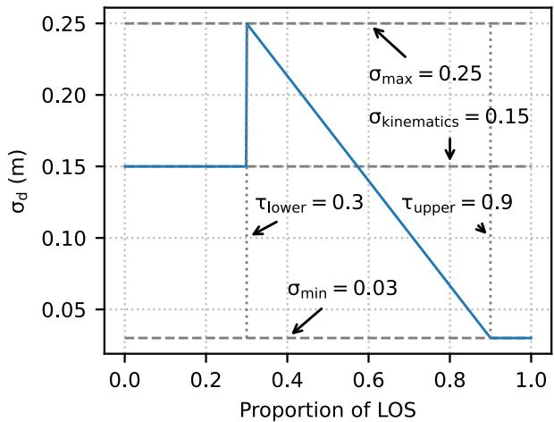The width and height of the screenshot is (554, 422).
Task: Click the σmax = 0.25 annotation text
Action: [424, 74]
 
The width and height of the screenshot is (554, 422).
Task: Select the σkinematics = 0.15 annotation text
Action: [449, 118]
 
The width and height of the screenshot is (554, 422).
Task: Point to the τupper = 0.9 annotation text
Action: [456, 204]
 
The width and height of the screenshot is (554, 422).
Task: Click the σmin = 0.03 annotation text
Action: [341, 290]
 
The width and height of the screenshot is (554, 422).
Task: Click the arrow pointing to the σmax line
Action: [390, 42]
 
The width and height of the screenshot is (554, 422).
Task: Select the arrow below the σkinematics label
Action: [449, 148]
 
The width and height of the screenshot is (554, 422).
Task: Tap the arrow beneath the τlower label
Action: [264, 227]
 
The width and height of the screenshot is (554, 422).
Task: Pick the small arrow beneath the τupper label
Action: [481, 228]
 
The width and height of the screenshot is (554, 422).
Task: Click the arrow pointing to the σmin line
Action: [307, 321]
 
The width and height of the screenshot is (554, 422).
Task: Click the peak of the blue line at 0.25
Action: [247, 24]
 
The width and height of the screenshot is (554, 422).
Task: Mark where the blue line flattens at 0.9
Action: [491, 338]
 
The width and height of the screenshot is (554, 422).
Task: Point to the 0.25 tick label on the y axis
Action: [67, 23]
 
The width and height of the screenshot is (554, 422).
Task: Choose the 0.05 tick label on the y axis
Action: [67, 310]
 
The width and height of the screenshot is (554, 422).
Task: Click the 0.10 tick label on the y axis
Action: [67, 239]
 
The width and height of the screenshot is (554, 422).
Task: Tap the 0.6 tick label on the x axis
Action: [368, 377]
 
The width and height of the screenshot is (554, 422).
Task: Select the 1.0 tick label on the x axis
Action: [531, 377]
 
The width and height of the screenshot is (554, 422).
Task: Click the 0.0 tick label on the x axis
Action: [124, 377]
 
